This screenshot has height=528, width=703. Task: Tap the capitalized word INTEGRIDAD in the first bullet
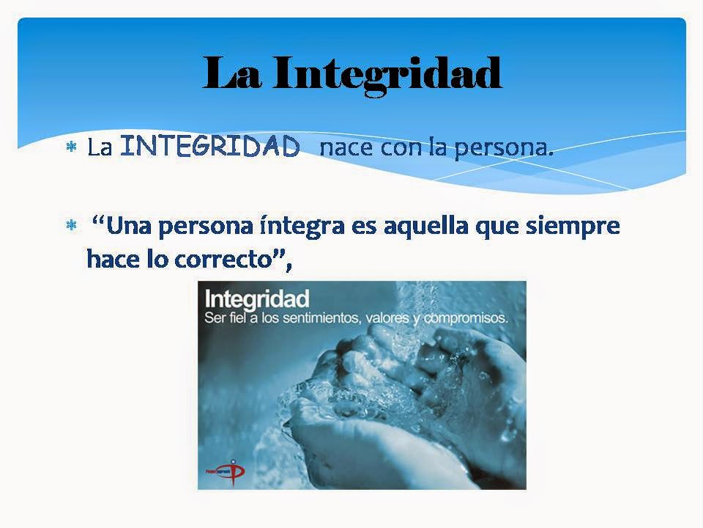click(x=209, y=147)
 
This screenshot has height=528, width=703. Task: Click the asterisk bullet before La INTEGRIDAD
click(x=72, y=148)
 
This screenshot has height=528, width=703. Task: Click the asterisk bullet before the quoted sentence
click(x=72, y=227)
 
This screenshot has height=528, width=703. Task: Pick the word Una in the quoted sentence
click(x=131, y=226)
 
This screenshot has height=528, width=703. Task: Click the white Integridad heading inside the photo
click(x=257, y=300)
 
